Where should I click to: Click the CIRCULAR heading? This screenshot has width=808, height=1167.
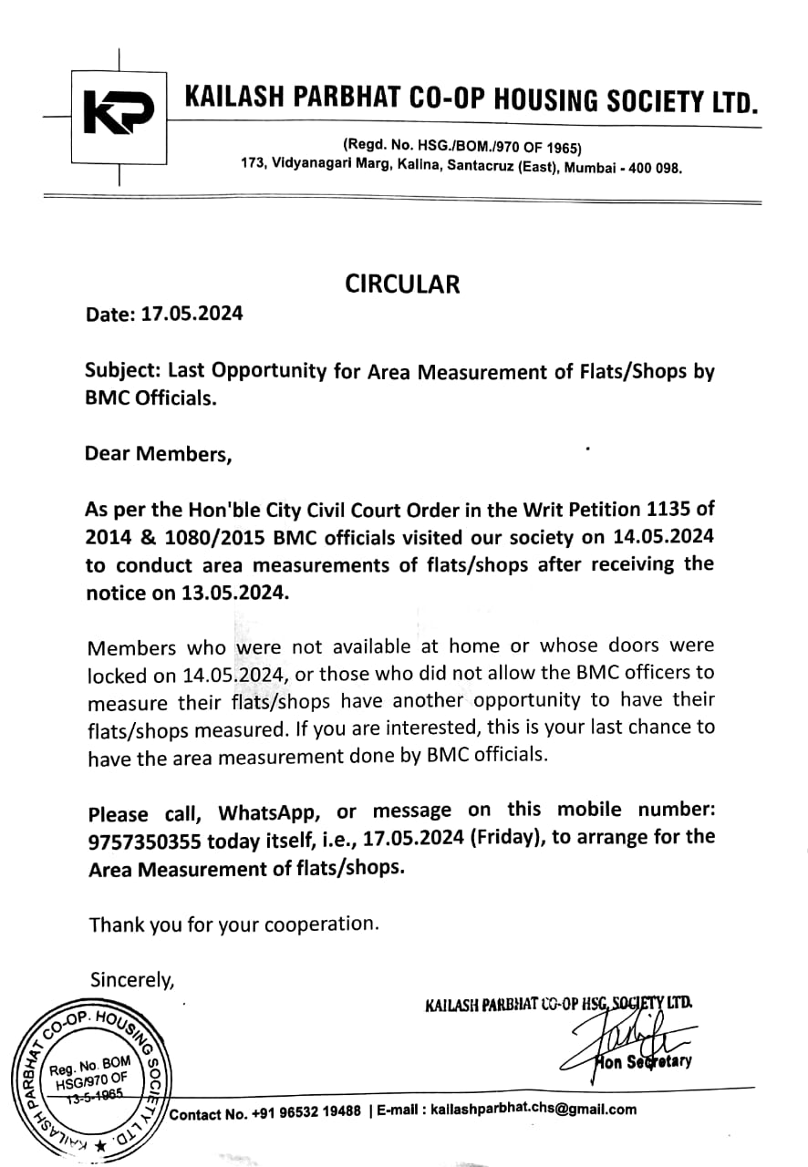pyautogui.click(x=402, y=284)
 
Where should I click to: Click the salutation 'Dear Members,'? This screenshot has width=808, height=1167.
pyautogui.click(x=158, y=453)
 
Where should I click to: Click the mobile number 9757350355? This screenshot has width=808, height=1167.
pyautogui.click(x=144, y=840)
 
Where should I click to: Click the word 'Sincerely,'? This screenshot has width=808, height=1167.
pyautogui.click(x=131, y=979)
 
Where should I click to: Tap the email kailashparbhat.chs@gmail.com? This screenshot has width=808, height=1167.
pyautogui.click(x=533, y=1110)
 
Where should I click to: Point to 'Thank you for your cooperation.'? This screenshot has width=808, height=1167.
pyautogui.click(x=233, y=924)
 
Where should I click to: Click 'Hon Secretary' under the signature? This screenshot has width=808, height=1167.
pyautogui.click(x=643, y=1061)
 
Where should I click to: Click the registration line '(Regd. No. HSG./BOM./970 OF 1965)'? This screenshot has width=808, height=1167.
pyautogui.click(x=462, y=147)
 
